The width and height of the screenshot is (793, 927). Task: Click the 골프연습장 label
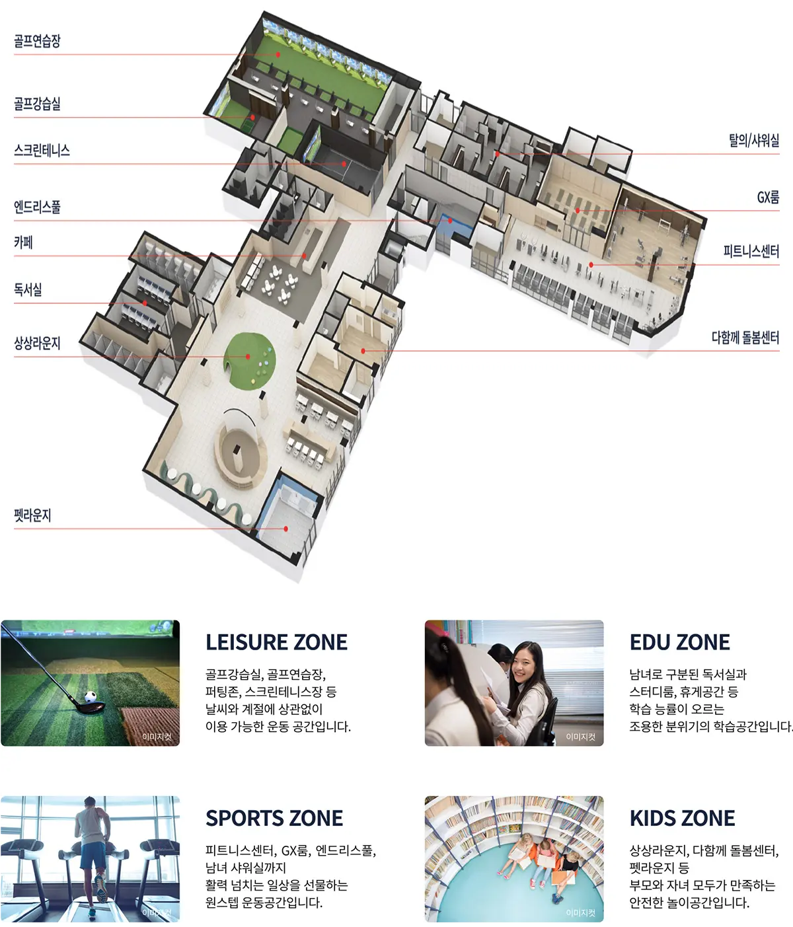pyautogui.click(x=37, y=41)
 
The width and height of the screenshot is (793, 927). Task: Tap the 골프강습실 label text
pyautogui.click(x=37, y=104)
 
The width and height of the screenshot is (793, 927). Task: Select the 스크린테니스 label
pyautogui.click(x=42, y=150)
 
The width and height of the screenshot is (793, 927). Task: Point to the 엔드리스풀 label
pyautogui.click(x=37, y=207)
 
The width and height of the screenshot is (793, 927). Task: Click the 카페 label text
pyautogui.click(x=23, y=242)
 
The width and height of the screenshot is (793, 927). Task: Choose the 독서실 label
pyautogui.click(x=28, y=289)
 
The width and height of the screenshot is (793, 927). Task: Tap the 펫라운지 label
pyautogui.click(x=32, y=515)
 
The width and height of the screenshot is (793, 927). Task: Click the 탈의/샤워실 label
pyautogui.click(x=754, y=140)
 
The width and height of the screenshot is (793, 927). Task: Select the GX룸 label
pyautogui.click(x=768, y=197)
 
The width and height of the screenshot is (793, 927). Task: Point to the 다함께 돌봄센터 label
pyautogui.click(x=745, y=337)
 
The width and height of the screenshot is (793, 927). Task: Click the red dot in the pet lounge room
pyautogui.click(x=285, y=529)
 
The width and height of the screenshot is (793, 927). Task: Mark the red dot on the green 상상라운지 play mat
pyautogui.click(x=248, y=357)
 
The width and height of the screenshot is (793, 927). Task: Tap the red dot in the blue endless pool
pyautogui.click(x=450, y=221)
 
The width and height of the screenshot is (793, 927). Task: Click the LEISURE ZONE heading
pyautogui.click(x=276, y=642)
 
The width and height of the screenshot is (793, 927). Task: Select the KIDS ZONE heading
pyautogui.click(x=682, y=818)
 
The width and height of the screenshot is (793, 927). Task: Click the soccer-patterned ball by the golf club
pyautogui.click(x=91, y=697)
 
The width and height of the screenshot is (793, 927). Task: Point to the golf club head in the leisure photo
pyautogui.click(x=89, y=707)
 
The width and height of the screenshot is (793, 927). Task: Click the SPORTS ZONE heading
pyautogui.click(x=274, y=818)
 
